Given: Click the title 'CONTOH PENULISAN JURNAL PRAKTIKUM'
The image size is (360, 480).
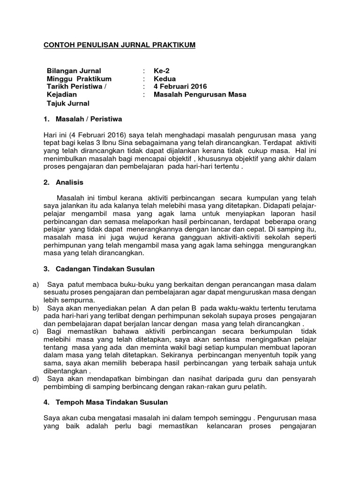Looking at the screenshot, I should point(119,45).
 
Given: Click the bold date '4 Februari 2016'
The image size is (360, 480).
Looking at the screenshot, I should point(180,87).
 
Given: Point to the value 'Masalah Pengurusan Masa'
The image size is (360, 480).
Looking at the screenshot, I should point(200,95).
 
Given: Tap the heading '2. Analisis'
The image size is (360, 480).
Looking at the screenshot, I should point(64,182).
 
